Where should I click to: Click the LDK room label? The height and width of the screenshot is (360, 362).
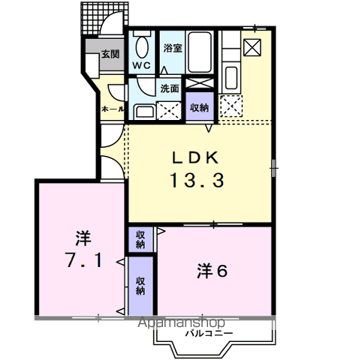pos(195,157)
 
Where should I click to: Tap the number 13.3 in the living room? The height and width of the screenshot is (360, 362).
pos(197,181)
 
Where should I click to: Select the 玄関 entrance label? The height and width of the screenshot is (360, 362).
pos(110,54)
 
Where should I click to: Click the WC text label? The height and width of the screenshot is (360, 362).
pos(142,65)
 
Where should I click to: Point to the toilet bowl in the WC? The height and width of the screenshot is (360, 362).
pos(142,48)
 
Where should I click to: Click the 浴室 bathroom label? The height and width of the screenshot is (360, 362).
pos(173,48)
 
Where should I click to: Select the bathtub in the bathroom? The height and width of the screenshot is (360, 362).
pos(200,52)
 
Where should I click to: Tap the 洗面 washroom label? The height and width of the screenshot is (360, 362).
pos(170,88)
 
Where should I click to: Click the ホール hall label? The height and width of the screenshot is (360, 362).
pos(113,109)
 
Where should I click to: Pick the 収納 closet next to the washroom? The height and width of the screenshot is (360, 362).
pos(199,106)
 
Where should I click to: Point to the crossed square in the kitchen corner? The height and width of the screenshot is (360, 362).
pos(252,47)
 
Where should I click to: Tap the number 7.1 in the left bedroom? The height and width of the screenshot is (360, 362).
pos(83,260)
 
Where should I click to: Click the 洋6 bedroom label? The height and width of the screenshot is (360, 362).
pos(212,271)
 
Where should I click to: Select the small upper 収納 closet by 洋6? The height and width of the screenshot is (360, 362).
pos(140,239)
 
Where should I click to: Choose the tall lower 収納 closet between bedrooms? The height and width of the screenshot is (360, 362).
pos(140,286)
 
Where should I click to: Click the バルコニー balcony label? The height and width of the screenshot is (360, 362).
pos(209,333)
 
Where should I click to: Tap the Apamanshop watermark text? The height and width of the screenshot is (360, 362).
pos(182,322)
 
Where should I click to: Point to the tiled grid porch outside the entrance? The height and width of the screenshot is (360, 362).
pos(104,18)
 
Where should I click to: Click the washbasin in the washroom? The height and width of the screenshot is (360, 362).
pos(145,112)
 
